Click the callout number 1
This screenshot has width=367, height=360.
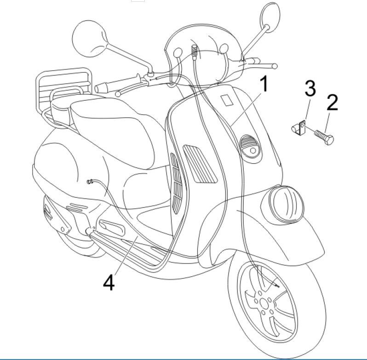pyautogui.click(x=264, y=86)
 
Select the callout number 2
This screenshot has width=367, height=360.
pyautogui.click(x=332, y=102)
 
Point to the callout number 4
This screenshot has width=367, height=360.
pyautogui.click(x=108, y=282)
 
